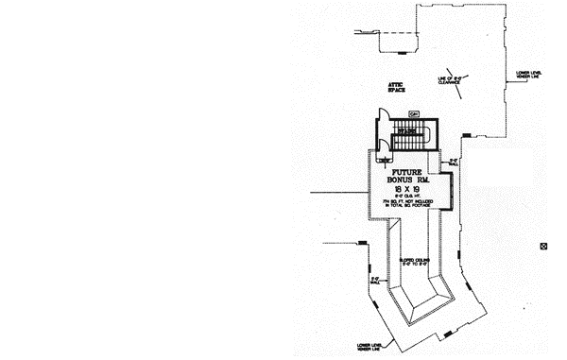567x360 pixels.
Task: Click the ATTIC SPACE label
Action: point(397,88)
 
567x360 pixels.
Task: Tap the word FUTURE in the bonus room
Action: point(406,163)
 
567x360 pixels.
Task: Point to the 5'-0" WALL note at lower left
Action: point(374,281)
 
